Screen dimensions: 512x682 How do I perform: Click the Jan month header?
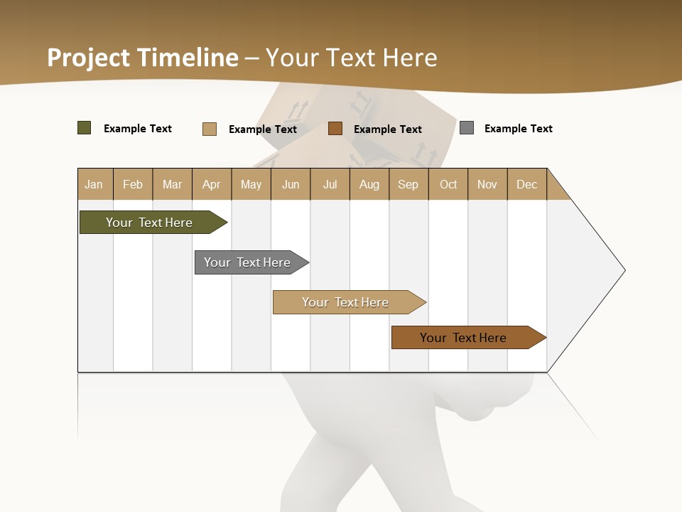point(94,184)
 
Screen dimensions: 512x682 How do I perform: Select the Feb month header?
point(133,184)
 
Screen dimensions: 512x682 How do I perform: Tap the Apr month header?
point(211,184)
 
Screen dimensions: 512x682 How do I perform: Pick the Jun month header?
point(291,184)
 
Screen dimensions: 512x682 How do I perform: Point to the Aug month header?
point(369,184)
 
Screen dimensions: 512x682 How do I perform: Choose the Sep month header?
point(408,184)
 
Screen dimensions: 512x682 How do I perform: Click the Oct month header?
point(448,184)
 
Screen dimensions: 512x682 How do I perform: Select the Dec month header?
point(526,184)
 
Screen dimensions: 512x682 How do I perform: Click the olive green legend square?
point(85,128)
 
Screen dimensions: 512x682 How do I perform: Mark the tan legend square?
point(210,129)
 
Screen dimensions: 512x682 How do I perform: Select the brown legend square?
point(335,129)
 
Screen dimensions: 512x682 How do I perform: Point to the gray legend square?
point(467,128)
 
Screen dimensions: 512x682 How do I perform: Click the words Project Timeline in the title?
point(143,58)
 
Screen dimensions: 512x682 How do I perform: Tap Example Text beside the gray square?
point(518,129)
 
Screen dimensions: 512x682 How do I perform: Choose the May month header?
point(251,184)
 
